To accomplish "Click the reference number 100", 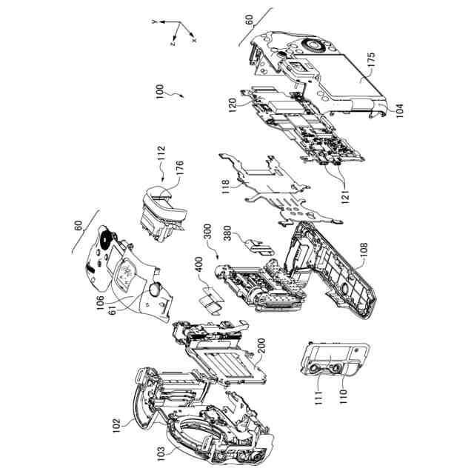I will point(158,93).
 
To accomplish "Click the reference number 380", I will point(230,236).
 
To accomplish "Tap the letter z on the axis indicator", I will point(171,44).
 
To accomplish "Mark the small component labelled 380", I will point(256,244).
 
